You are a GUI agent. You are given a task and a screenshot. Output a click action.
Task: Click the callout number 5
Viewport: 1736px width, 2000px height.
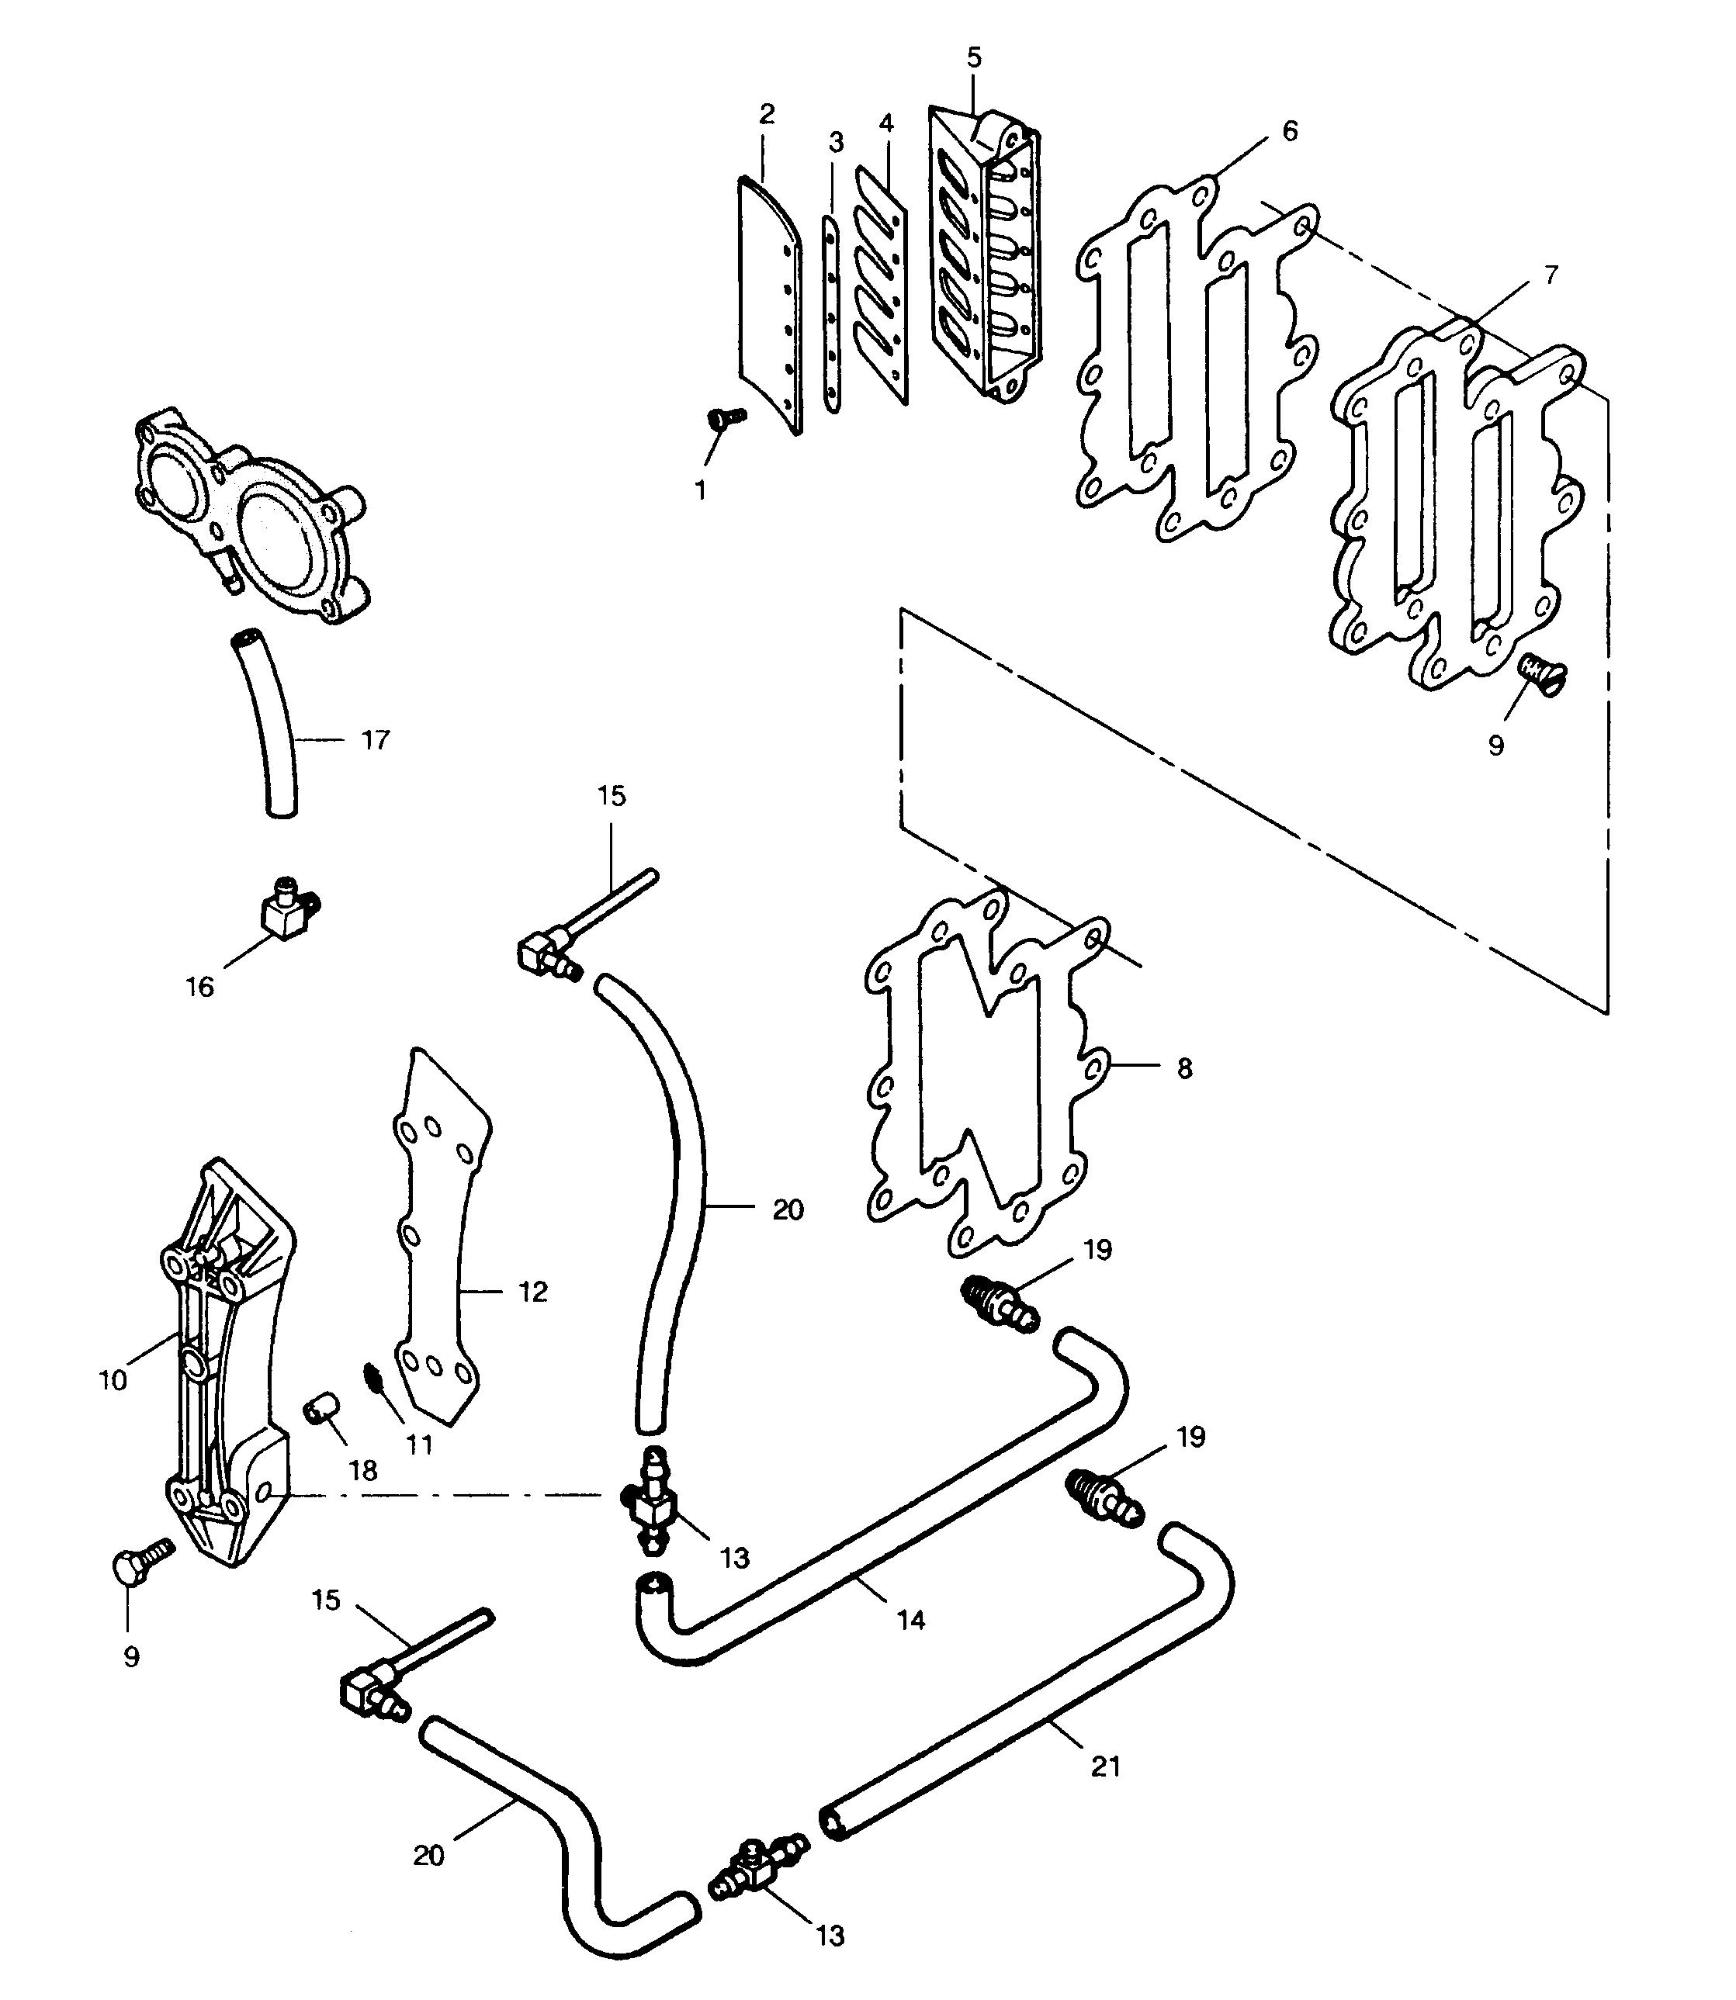[974, 57]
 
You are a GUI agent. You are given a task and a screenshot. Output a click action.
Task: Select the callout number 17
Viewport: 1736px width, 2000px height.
[376, 740]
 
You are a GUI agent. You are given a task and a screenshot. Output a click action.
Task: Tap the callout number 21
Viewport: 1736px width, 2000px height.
[1105, 1767]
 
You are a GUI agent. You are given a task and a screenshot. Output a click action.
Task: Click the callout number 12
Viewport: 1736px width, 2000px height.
[533, 1291]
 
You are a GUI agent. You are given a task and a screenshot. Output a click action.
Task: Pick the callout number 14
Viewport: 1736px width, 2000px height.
[910, 1618]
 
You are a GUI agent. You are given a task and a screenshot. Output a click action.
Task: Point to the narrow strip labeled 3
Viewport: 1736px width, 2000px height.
[831, 315]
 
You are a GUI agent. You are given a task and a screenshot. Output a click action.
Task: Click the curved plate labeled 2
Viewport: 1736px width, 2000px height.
[769, 305]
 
